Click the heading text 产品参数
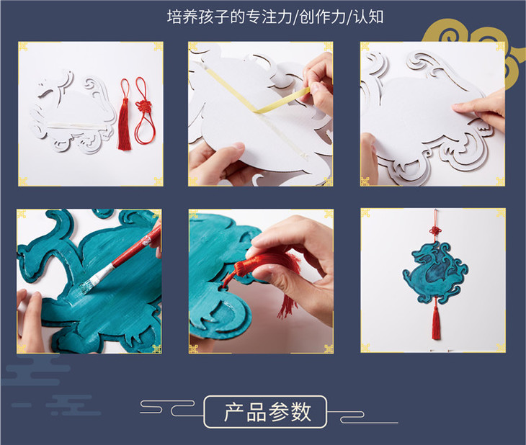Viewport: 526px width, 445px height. coord(267,412)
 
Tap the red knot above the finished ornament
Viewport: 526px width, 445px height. coord(435,231)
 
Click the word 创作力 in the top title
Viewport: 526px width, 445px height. coord(322,17)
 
